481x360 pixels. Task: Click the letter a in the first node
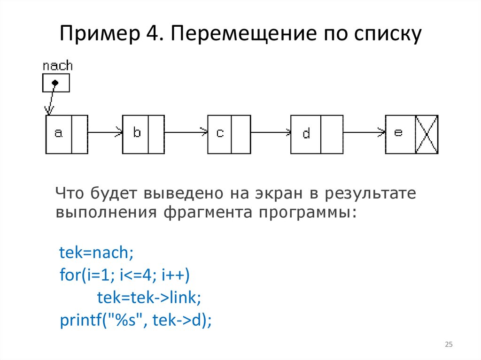pyautogui.click(x=58, y=134)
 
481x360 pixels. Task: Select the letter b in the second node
pyautogui.click(x=137, y=133)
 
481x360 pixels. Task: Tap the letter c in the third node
pyautogui.click(x=220, y=133)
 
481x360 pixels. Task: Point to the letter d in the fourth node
pyautogui.click(x=306, y=134)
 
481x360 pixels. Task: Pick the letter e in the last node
pyautogui.click(x=398, y=133)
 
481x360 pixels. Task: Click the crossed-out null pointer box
pyautogui.click(x=427, y=134)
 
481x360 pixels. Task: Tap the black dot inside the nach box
pyautogui.click(x=55, y=83)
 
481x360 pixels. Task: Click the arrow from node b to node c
pyautogui.click(x=186, y=133)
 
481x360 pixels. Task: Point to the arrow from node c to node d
pyautogui.click(x=271, y=133)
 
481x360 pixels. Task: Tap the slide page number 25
pyautogui.click(x=449, y=345)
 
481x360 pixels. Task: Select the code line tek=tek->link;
pyautogui.click(x=149, y=298)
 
